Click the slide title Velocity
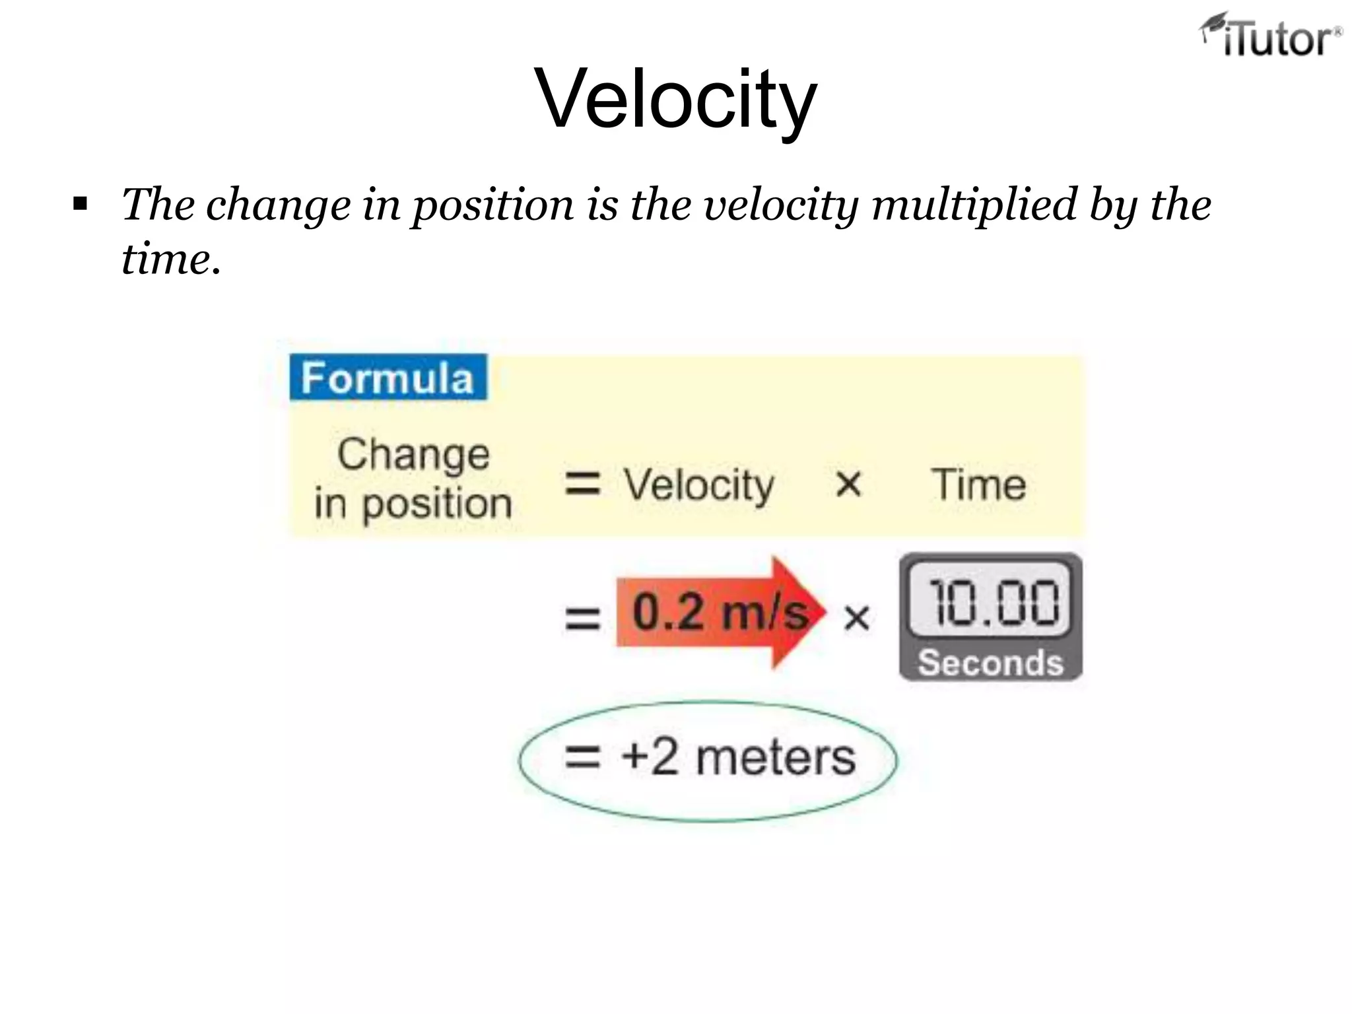tap(676, 99)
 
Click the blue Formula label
tap(388, 378)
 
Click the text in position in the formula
tap(414, 504)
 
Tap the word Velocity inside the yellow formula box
tap(699, 485)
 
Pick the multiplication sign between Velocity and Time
tap(848, 485)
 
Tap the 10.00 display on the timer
tap(992, 602)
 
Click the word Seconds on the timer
tap(990, 662)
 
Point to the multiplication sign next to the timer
tap(856, 619)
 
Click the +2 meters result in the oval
tap(737, 757)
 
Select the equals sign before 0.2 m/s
tap(582, 619)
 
